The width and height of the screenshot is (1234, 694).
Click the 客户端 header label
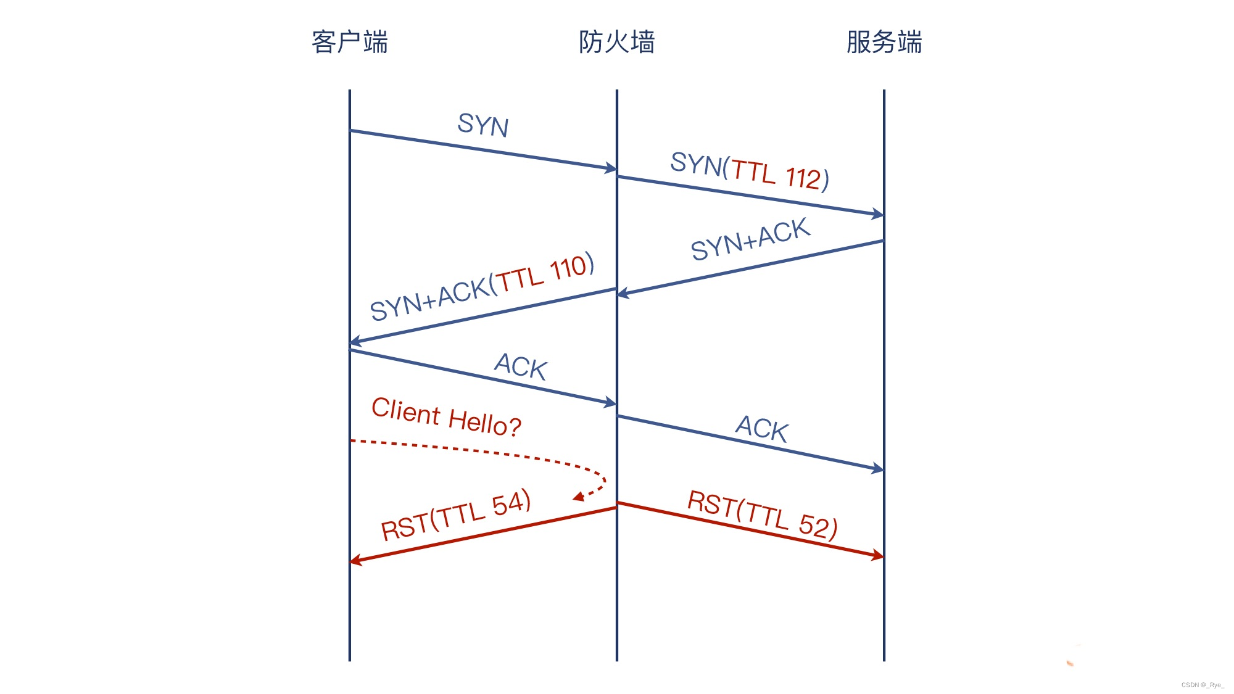(x=350, y=43)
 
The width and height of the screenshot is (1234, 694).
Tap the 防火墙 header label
(x=616, y=43)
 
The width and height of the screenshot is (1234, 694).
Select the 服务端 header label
(x=884, y=43)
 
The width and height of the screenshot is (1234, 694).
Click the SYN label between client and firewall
(x=483, y=125)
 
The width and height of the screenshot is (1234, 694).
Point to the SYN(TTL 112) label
(x=750, y=171)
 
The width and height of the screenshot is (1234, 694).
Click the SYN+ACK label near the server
(x=750, y=239)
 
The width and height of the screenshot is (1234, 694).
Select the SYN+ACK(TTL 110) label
(x=482, y=287)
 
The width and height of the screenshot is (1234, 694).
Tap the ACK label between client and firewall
(x=521, y=366)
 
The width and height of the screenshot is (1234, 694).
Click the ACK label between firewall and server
(x=762, y=428)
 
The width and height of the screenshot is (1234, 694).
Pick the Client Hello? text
(x=446, y=418)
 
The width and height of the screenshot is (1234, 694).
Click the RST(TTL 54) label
(x=456, y=515)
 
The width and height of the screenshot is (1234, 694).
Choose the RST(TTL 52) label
(x=763, y=515)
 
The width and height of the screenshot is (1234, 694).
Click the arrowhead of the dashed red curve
(x=579, y=497)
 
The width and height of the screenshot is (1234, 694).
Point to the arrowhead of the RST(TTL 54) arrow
(x=355, y=560)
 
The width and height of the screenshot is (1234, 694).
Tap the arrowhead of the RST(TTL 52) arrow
(x=879, y=555)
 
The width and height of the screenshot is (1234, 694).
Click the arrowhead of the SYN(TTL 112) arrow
(x=879, y=214)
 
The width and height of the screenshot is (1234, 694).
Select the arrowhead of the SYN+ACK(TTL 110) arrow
(x=355, y=341)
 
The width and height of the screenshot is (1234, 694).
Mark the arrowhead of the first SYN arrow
(x=611, y=168)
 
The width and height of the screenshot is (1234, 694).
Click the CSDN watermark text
(x=1203, y=685)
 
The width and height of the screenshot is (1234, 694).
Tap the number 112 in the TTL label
(x=803, y=178)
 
